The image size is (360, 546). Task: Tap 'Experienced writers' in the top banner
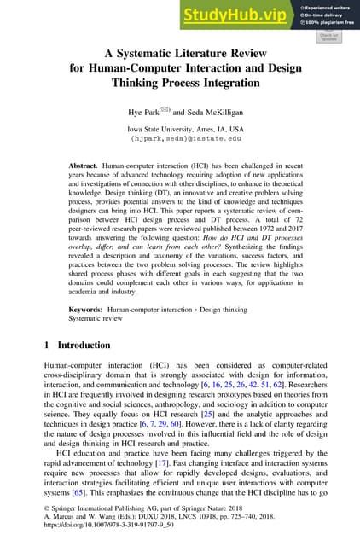(330, 6)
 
